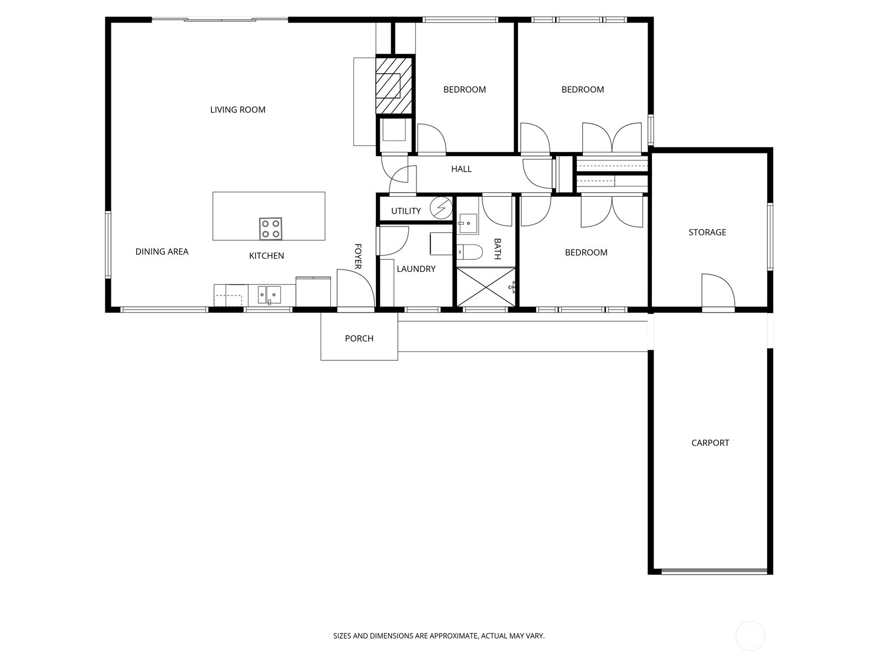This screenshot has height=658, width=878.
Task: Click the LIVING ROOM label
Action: (238, 110)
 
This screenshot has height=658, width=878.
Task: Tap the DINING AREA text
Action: (161, 251)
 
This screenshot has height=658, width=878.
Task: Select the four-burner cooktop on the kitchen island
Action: (271, 229)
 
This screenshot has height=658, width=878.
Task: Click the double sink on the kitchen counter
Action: (269, 295)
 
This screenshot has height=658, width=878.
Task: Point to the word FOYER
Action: (358, 256)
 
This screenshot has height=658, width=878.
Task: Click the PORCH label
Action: (359, 338)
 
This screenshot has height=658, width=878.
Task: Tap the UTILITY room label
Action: (406, 211)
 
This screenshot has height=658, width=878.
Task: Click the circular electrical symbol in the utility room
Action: (441, 208)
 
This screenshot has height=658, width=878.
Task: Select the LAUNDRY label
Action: (416, 269)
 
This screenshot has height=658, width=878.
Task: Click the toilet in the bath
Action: (470, 252)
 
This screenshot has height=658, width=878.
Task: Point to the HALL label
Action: (461, 169)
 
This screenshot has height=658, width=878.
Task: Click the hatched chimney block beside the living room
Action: (393, 86)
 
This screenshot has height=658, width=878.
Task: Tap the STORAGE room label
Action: (707, 232)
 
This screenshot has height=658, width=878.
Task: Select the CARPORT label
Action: (710, 443)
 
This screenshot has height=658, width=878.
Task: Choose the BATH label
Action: (497, 249)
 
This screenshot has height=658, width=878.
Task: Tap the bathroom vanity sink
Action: (468, 224)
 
